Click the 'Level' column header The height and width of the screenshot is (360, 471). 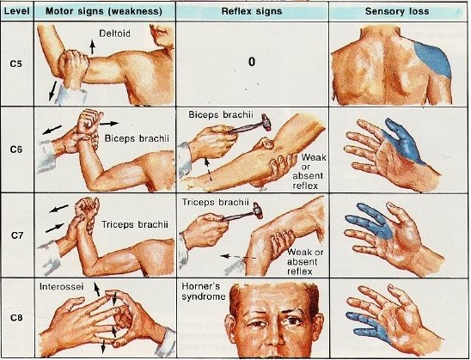(x=17, y=11)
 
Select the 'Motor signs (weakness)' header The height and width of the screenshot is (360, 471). (x=104, y=11)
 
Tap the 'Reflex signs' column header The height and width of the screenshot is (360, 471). (x=252, y=11)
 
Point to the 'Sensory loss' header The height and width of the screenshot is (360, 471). (x=397, y=11)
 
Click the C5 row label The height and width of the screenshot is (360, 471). (x=16, y=64)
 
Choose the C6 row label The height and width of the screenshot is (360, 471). (x=16, y=149)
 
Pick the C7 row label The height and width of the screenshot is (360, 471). (x=17, y=235)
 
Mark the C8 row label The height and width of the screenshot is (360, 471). (x=16, y=317)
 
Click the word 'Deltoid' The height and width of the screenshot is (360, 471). (x=115, y=33)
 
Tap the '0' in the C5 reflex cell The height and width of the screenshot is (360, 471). (x=252, y=62)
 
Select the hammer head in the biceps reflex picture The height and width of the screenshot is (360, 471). (x=266, y=122)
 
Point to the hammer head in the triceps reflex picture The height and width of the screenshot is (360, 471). (x=258, y=211)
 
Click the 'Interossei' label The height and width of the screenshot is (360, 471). (x=62, y=286)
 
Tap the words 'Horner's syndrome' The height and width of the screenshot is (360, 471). (x=204, y=291)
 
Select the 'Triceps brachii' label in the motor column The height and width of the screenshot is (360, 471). (x=135, y=224)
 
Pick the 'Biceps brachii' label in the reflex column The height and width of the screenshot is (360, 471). (x=221, y=114)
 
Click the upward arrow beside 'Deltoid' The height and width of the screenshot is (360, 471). (x=93, y=47)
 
